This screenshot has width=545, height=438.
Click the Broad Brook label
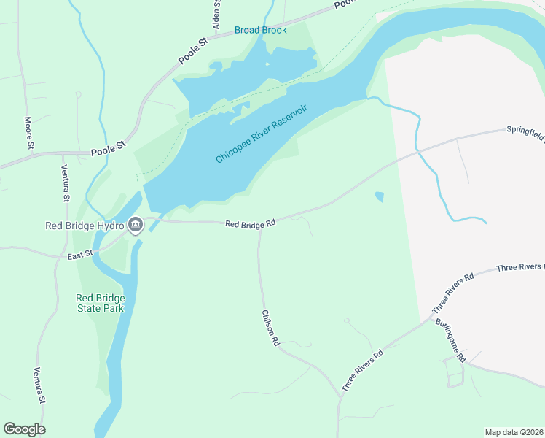[x=260, y=30]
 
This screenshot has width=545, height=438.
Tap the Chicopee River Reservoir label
[x=262, y=134]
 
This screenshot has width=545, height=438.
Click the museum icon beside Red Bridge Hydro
[x=135, y=225]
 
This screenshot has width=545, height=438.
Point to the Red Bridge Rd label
[x=250, y=224]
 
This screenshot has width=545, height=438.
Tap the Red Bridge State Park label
[x=101, y=303]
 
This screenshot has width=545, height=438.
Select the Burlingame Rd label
[x=450, y=341]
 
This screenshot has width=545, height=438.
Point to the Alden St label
[x=216, y=15]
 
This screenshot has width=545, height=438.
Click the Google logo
[x=24, y=429]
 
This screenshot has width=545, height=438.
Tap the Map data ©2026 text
[x=514, y=431]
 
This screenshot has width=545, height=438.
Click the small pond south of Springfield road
[x=378, y=196]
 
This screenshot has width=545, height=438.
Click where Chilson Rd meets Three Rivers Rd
[x=340, y=395]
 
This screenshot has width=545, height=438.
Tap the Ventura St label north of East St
[x=65, y=183]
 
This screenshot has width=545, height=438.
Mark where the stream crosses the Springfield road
[x=420, y=150]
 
